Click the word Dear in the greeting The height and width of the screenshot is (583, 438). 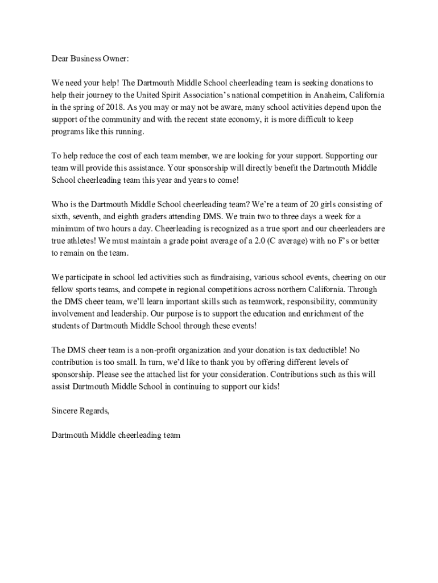60,59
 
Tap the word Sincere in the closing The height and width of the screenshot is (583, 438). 64,411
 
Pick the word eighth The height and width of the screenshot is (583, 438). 129,216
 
